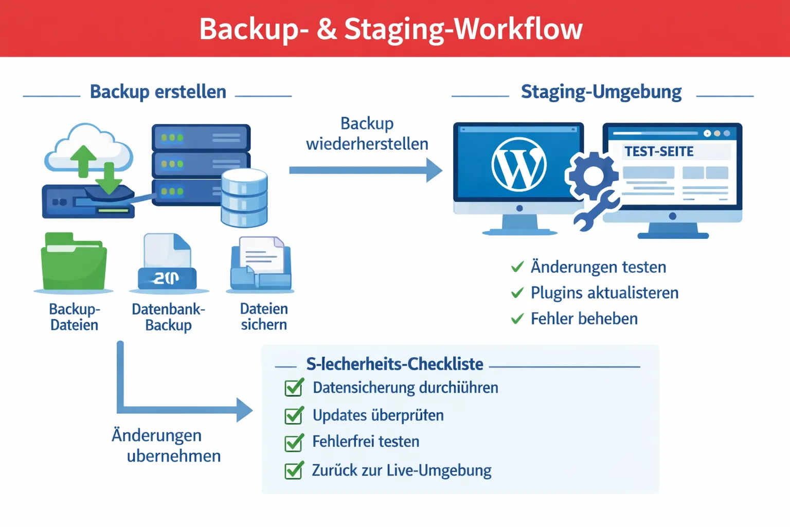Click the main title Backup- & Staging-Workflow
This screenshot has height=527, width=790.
click(391, 29)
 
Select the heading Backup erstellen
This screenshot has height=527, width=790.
click(158, 92)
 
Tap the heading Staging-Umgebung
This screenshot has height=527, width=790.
click(601, 92)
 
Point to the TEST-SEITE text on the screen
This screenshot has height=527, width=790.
click(659, 151)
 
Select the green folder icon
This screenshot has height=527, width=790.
click(74, 262)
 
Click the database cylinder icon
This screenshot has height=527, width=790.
click(244, 199)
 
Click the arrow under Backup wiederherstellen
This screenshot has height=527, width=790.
click(365, 170)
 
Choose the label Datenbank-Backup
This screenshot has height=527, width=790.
click(168, 317)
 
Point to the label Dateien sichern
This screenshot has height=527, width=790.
click(264, 317)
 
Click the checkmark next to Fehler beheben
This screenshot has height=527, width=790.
click(517, 319)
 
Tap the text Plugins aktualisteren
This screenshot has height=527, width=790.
click(604, 293)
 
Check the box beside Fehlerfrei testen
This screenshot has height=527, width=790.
click(294, 443)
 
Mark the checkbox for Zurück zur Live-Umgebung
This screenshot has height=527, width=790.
click(294, 470)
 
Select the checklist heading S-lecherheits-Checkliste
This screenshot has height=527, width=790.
click(394, 364)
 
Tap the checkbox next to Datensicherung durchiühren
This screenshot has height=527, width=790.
click(294, 388)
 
